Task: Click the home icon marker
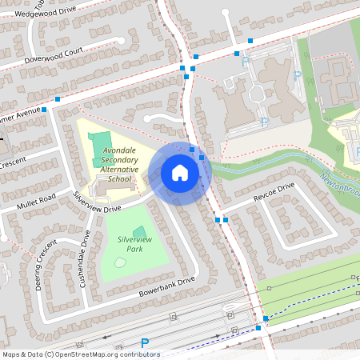180,172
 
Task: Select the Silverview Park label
134,244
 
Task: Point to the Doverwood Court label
53,54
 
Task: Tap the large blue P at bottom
145,343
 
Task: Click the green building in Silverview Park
140,233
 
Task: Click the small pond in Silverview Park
119,262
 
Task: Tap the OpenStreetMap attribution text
80,354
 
